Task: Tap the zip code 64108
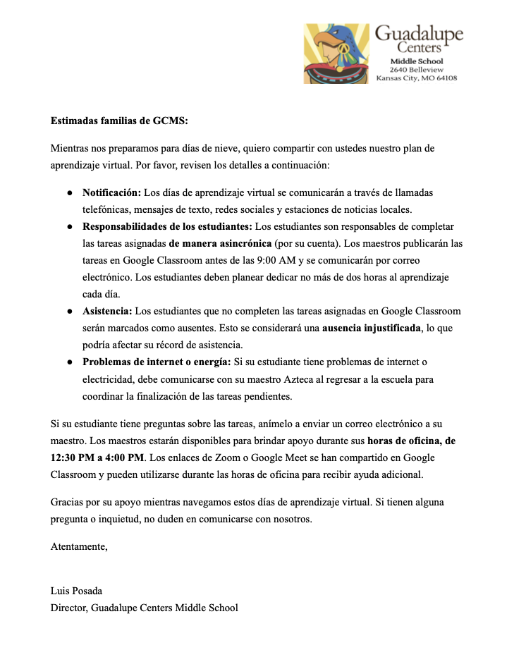[x=445, y=78]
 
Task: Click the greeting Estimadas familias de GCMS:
[x=119, y=121]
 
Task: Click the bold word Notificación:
[x=111, y=192]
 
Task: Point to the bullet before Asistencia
[x=70, y=311]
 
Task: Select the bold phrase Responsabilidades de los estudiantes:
[x=167, y=226]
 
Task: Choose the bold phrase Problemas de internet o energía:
[x=157, y=362]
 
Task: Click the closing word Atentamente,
[x=79, y=546]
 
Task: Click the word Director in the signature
[x=68, y=608]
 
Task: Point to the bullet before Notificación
[x=70, y=192]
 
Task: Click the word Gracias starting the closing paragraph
[x=68, y=503]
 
